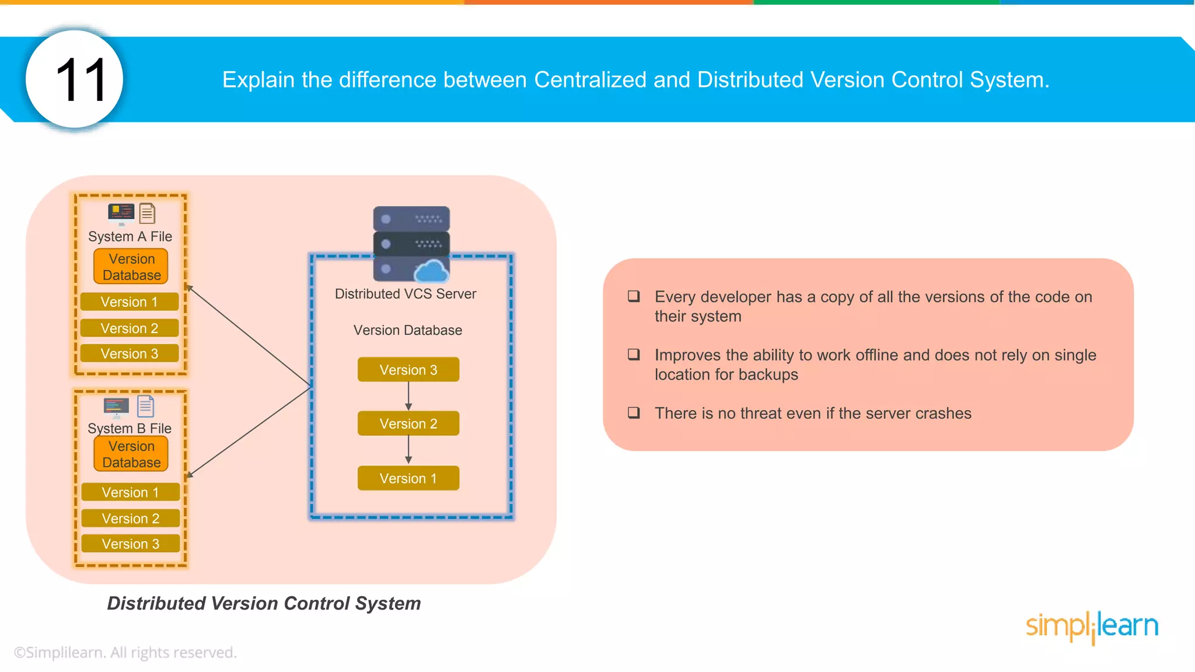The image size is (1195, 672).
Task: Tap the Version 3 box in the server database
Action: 408,370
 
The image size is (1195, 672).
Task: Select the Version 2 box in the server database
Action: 408,424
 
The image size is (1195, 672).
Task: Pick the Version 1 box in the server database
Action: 408,478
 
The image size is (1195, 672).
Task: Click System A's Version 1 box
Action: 129,302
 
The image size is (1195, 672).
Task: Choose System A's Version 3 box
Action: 129,353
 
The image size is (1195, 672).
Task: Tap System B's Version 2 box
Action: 130,518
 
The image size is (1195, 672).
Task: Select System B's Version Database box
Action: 131,454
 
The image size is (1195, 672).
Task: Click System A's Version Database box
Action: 131,267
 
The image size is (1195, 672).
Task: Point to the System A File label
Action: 130,236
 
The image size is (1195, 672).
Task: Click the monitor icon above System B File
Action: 116,407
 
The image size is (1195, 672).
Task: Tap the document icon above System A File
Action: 148,213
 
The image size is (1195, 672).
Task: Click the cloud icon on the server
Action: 431,272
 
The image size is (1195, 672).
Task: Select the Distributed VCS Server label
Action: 405,294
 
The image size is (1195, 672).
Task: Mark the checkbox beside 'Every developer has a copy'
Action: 634,296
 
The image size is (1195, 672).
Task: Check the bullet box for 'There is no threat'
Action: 634,413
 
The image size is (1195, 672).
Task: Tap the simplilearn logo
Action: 1092,626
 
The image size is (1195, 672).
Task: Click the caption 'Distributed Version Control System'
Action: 264,603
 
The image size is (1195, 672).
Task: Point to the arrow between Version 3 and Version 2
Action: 408,397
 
